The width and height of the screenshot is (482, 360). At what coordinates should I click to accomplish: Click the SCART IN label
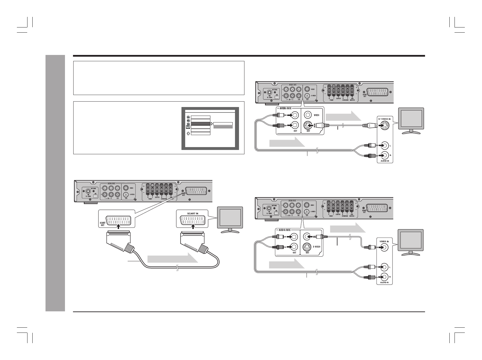click(x=192, y=213)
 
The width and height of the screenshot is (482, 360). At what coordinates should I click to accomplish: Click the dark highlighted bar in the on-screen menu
click(x=201, y=124)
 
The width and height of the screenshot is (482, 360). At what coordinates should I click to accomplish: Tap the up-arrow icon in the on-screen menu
click(x=188, y=133)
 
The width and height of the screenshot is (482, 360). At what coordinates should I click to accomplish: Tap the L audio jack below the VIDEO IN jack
click(x=385, y=267)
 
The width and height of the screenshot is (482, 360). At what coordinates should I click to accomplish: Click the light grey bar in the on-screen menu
click(x=223, y=127)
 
